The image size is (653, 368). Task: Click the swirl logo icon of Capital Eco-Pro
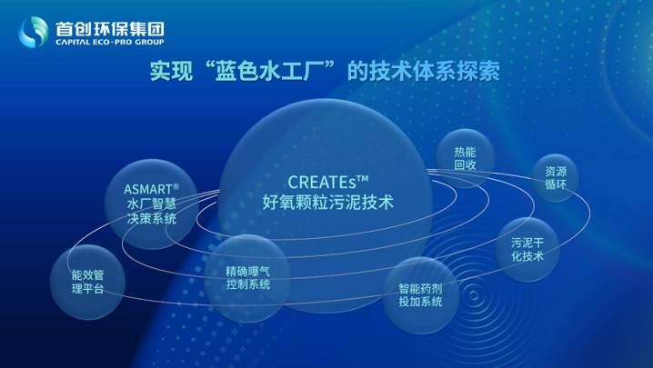point(34,32)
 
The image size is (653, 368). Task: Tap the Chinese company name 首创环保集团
point(110,29)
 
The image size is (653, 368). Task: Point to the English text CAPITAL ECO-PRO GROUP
point(110,42)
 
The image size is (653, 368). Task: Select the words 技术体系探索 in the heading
point(435,71)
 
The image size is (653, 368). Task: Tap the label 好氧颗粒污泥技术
point(328,203)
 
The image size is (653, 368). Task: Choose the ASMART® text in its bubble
point(151,189)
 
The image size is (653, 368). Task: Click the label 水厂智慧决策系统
point(152,212)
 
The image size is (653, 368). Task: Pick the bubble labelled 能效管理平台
point(87,282)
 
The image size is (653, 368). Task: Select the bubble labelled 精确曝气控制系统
point(247,278)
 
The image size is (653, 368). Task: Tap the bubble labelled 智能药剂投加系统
point(420,295)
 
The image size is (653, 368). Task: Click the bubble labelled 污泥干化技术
point(527,249)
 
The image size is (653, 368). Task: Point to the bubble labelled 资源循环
point(556,178)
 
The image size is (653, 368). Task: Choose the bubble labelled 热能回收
point(465,159)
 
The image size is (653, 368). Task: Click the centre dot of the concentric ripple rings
point(474,295)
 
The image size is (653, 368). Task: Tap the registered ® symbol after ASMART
point(176,186)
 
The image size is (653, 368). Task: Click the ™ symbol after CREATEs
point(363,179)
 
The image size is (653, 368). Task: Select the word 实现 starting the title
point(172,71)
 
